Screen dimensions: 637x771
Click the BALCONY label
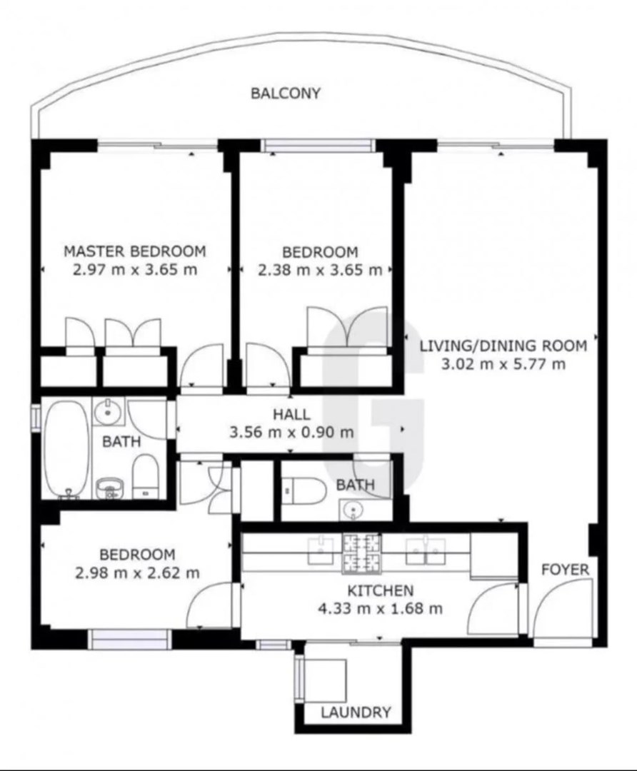286,93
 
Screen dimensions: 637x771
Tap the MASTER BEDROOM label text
135,251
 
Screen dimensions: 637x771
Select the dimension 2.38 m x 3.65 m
320,270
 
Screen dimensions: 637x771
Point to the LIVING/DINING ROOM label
503,346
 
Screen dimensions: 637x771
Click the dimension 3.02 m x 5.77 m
503,364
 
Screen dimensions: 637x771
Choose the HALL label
291,414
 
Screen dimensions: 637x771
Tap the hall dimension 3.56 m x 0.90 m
291,432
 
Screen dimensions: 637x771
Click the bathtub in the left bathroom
66,448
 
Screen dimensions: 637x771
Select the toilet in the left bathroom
145,476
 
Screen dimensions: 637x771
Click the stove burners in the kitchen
362,554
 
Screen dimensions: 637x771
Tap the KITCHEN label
380,590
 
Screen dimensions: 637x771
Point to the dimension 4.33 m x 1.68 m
380,609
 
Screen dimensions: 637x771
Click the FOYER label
565,570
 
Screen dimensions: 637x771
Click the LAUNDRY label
356,712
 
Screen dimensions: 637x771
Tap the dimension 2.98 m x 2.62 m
137,573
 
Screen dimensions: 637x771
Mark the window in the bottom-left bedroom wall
131,639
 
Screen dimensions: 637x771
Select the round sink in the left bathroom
106,411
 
